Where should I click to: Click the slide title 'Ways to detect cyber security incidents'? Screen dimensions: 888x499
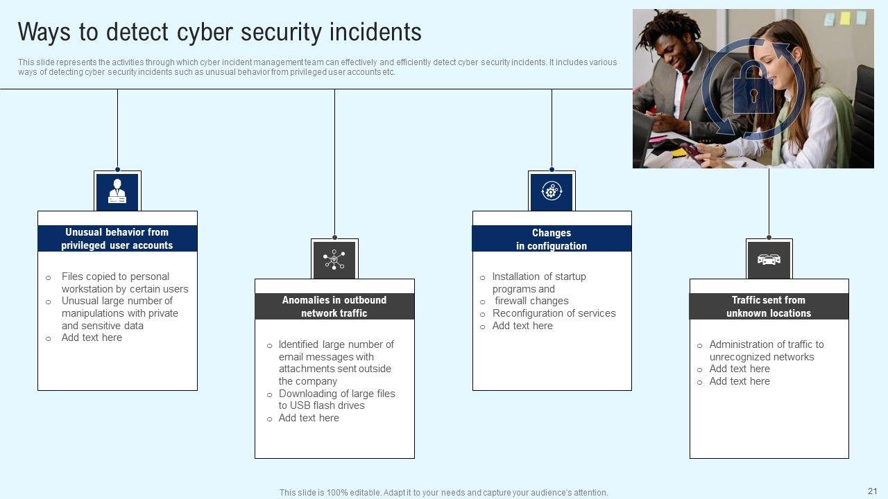(219, 33)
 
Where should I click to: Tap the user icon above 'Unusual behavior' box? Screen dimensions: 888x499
(117, 191)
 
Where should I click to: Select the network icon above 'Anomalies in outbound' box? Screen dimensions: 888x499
(334, 260)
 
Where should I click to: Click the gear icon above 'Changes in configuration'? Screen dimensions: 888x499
(552, 191)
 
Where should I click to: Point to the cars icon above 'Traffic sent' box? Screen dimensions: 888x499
(769, 260)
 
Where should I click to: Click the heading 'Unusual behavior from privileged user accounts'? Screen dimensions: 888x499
(117, 238)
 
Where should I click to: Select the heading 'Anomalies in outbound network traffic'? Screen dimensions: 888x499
(334, 306)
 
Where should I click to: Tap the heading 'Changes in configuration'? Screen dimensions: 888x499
(552, 239)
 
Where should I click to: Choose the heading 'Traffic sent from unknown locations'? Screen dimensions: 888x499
(769, 306)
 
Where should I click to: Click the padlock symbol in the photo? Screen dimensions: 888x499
(753, 88)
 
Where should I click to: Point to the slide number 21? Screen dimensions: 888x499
(873, 489)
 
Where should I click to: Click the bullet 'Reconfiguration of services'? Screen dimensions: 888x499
(554, 313)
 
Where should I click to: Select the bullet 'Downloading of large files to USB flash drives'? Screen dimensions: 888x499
(336, 399)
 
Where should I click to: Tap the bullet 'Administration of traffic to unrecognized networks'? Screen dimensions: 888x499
(766, 351)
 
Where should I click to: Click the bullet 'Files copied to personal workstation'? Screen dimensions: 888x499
(125, 283)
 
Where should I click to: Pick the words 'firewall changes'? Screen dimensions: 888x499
(531, 301)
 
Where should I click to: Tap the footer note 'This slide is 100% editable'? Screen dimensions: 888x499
(444, 493)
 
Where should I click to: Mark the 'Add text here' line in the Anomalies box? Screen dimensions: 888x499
(309, 418)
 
